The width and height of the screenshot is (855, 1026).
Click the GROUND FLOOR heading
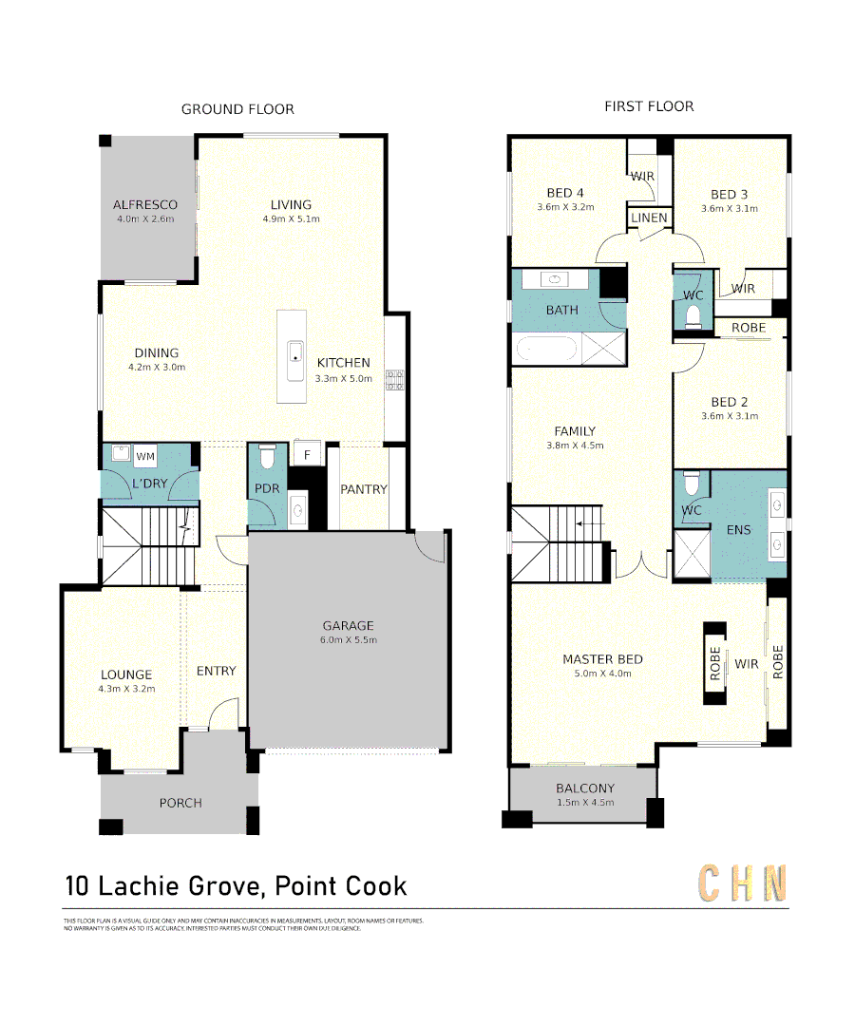[x=237, y=109]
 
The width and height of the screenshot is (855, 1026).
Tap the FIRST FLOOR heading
[x=649, y=106]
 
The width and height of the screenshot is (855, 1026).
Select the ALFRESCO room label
[x=145, y=204]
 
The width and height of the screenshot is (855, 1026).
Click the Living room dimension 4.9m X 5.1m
[x=291, y=218]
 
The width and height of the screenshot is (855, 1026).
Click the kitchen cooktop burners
[x=394, y=381]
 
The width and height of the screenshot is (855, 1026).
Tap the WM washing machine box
[x=145, y=457]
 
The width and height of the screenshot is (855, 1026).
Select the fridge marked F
[x=307, y=455]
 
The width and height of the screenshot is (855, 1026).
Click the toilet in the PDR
[x=267, y=458]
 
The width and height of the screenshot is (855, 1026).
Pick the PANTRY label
[x=364, y=489]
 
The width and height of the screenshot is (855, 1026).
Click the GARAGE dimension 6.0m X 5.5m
[x=348, y=640]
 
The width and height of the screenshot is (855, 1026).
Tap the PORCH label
[x=180, y=803]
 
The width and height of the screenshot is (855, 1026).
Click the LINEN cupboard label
[x=650, y=218]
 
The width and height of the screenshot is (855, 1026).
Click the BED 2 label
[x=730, y=402]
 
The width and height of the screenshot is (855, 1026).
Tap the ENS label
[x=738, y=529]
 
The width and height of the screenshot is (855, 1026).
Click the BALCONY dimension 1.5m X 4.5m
[x=585, y=803]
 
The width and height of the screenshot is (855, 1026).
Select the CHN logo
[x=743, y=883]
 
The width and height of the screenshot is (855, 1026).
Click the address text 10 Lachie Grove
[x=162, y=886]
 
